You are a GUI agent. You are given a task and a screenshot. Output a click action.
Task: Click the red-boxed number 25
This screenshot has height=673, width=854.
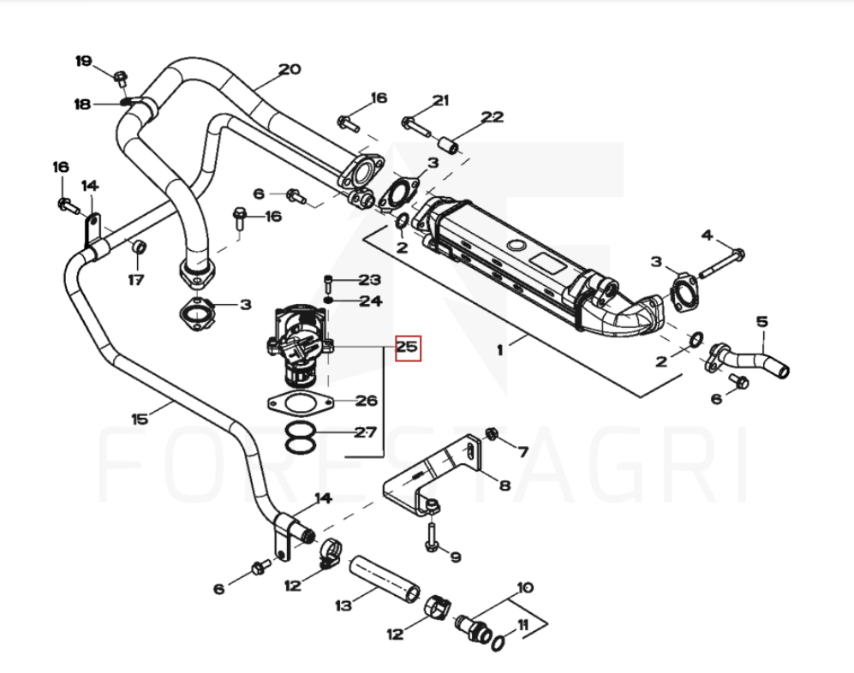406,348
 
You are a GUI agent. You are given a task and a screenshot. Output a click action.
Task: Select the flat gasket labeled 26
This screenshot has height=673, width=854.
297,402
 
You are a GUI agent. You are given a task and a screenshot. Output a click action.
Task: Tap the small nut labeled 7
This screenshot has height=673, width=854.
491,432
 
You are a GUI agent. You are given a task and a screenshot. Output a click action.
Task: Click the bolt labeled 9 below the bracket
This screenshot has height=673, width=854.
433,535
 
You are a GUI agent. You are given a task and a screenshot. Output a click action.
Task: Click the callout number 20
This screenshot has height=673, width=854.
290,69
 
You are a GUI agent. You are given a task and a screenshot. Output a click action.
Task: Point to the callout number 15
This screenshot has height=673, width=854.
140,419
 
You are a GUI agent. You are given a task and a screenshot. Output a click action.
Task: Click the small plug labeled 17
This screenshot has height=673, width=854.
136,248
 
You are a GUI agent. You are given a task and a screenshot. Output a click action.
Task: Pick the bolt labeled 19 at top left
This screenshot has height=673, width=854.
120,78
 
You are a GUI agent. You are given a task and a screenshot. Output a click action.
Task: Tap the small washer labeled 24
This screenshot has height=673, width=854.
330,301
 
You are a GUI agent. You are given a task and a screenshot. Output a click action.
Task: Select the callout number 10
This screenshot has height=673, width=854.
524,587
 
